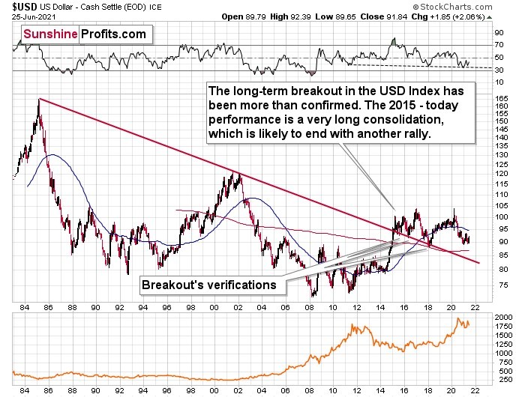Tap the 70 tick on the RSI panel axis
click(x=497, y=46)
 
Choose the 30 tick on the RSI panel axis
click(x=497, y=70)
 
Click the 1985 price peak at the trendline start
click(x=38, y=99)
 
